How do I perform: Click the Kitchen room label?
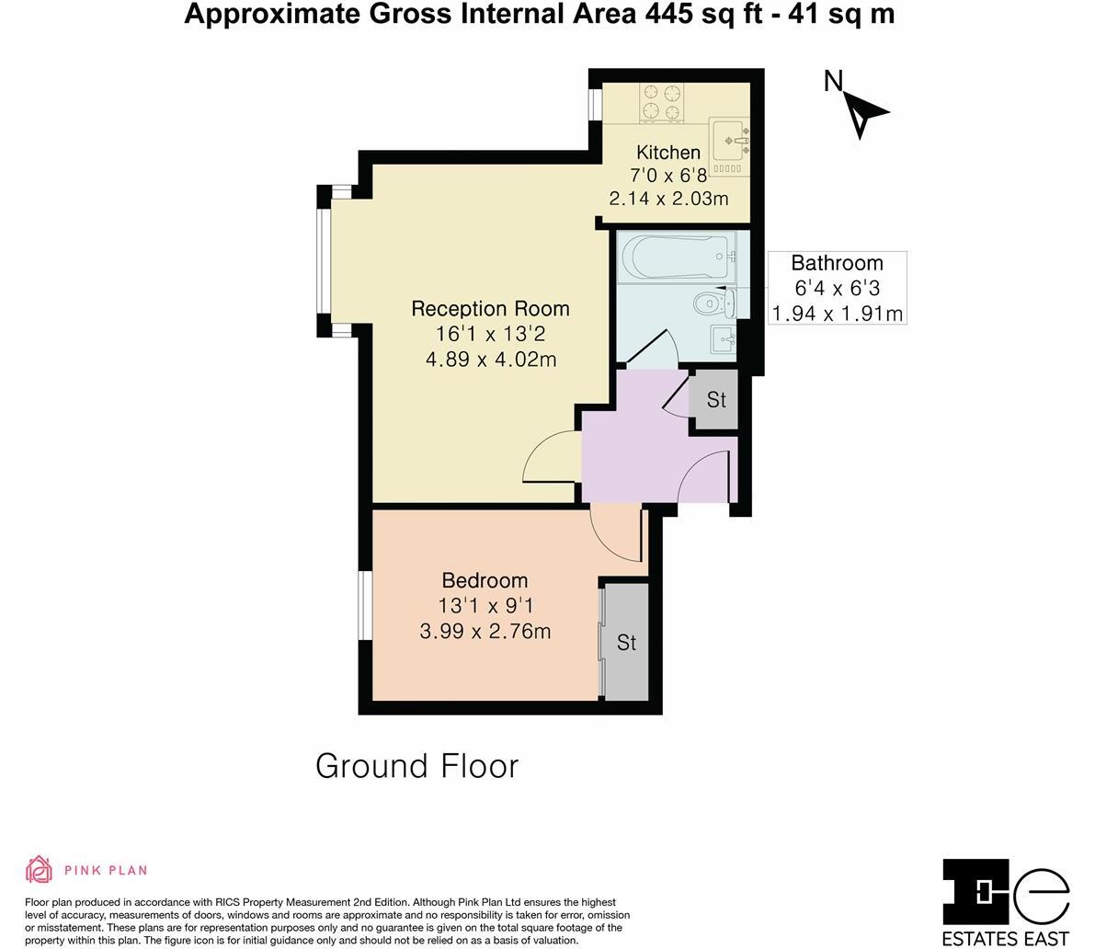(668, 153)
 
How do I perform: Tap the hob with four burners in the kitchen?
(661, 102)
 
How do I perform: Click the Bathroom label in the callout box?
(837, 263)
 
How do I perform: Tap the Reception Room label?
(490, 309)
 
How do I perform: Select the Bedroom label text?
(485, 580)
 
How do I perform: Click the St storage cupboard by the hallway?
(713, 399)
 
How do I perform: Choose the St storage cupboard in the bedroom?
(626, 642)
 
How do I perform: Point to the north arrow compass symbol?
(863, 112)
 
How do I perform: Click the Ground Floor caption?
(416, 766)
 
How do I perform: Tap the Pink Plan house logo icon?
(40, 869)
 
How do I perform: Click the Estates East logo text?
(1006, 938)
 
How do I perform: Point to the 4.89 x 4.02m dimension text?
(491, 360)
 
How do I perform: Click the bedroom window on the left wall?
(365, 605)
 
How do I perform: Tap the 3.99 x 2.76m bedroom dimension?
(485, 631)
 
